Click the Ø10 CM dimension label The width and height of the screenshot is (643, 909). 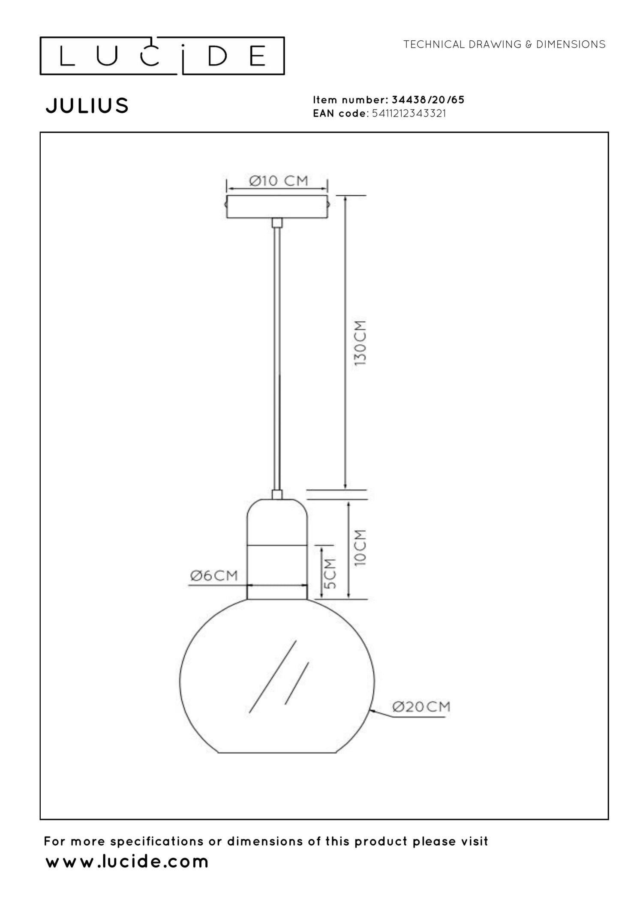coord(279,181)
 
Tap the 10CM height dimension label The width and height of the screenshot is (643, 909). coord(361,548)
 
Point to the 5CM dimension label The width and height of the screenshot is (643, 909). coord(330,574)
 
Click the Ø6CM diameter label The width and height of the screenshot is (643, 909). coord(214,575)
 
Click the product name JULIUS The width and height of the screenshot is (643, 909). coord(87,105)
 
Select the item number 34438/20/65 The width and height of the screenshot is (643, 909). coord(428,100)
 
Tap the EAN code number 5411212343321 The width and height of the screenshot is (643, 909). coord(409,114)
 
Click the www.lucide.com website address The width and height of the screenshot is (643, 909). coord(127,861)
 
